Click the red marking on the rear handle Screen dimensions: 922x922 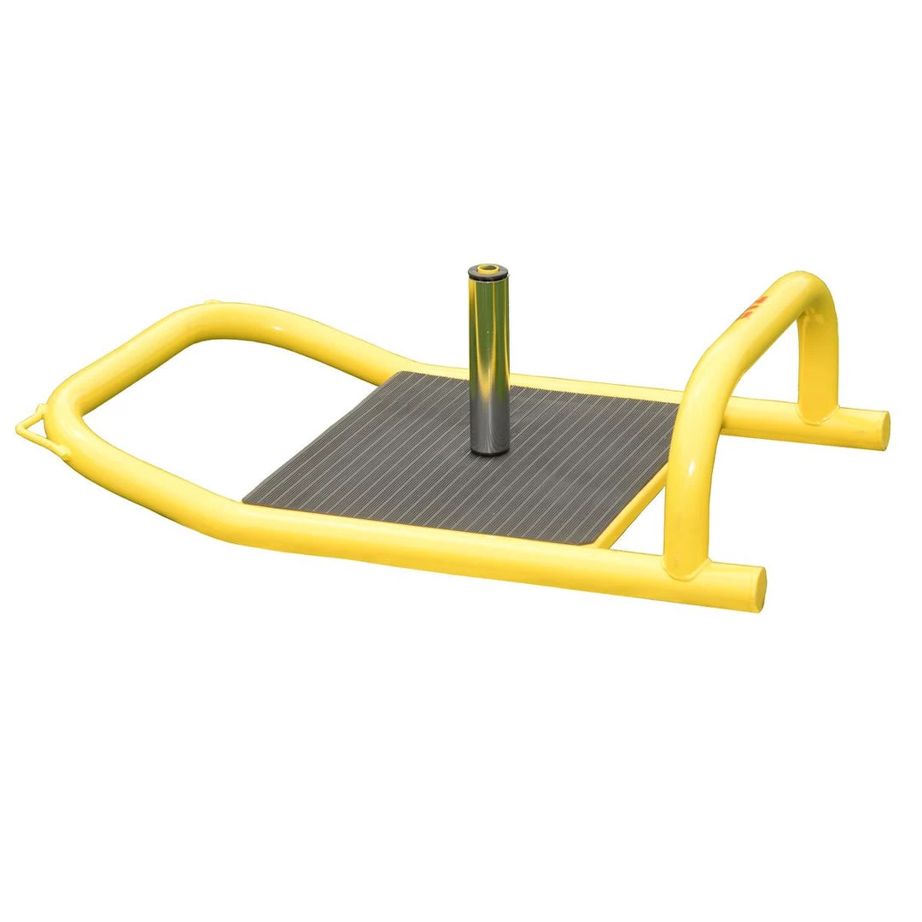pyautogui.click(x=756, y=307)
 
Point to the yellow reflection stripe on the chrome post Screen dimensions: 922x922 pyautogui.click(x=483, y=359)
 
